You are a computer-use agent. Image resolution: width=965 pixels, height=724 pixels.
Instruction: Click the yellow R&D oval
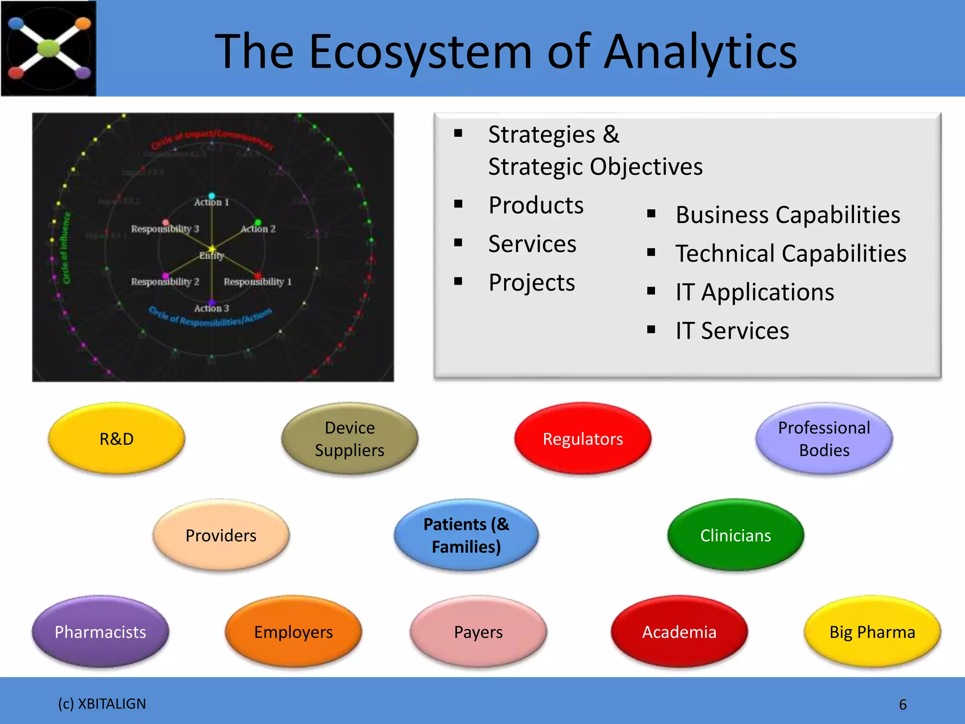(x=116, y=439)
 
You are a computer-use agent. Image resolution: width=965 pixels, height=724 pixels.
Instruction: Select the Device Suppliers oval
(x=350, y=439)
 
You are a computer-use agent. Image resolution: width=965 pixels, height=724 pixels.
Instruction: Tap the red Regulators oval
(x=583, y=439)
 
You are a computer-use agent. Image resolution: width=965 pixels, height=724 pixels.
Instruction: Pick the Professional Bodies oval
(x=824, y=439)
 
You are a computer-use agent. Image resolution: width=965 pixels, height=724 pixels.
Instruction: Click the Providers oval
(x=221, y=535)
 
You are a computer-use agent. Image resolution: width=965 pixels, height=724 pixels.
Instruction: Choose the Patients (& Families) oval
(x=466, y=535)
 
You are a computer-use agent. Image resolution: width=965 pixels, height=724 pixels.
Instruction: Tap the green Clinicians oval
(x=736, y=535)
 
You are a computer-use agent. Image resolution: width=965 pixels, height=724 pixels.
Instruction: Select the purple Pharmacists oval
(x=100, y=632)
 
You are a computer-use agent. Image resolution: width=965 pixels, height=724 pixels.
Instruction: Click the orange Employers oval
(x=293, y=632)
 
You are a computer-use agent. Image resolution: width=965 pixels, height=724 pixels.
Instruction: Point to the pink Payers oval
(x=478, y=632)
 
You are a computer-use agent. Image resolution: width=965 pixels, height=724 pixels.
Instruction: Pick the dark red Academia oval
(x=679, y=632)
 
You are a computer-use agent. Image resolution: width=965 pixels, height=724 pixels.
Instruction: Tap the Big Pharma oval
(x=872, y=632)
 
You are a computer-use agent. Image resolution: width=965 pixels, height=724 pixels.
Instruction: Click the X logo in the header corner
(x=49, y=49)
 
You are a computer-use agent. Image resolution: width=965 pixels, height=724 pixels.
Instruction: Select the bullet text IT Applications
(x=754, y=292)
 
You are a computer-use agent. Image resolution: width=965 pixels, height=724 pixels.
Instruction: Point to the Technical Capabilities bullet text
(x=791, y=254)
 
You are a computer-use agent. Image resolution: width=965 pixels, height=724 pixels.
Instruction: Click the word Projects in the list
(x=532, y=283)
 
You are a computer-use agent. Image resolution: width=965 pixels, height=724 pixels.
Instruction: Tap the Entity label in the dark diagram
(x=211, y=255)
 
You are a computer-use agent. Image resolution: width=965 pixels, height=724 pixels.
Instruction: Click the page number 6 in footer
(x=902, y=704)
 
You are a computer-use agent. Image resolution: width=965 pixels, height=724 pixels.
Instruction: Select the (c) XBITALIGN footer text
(x=102, y=704)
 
